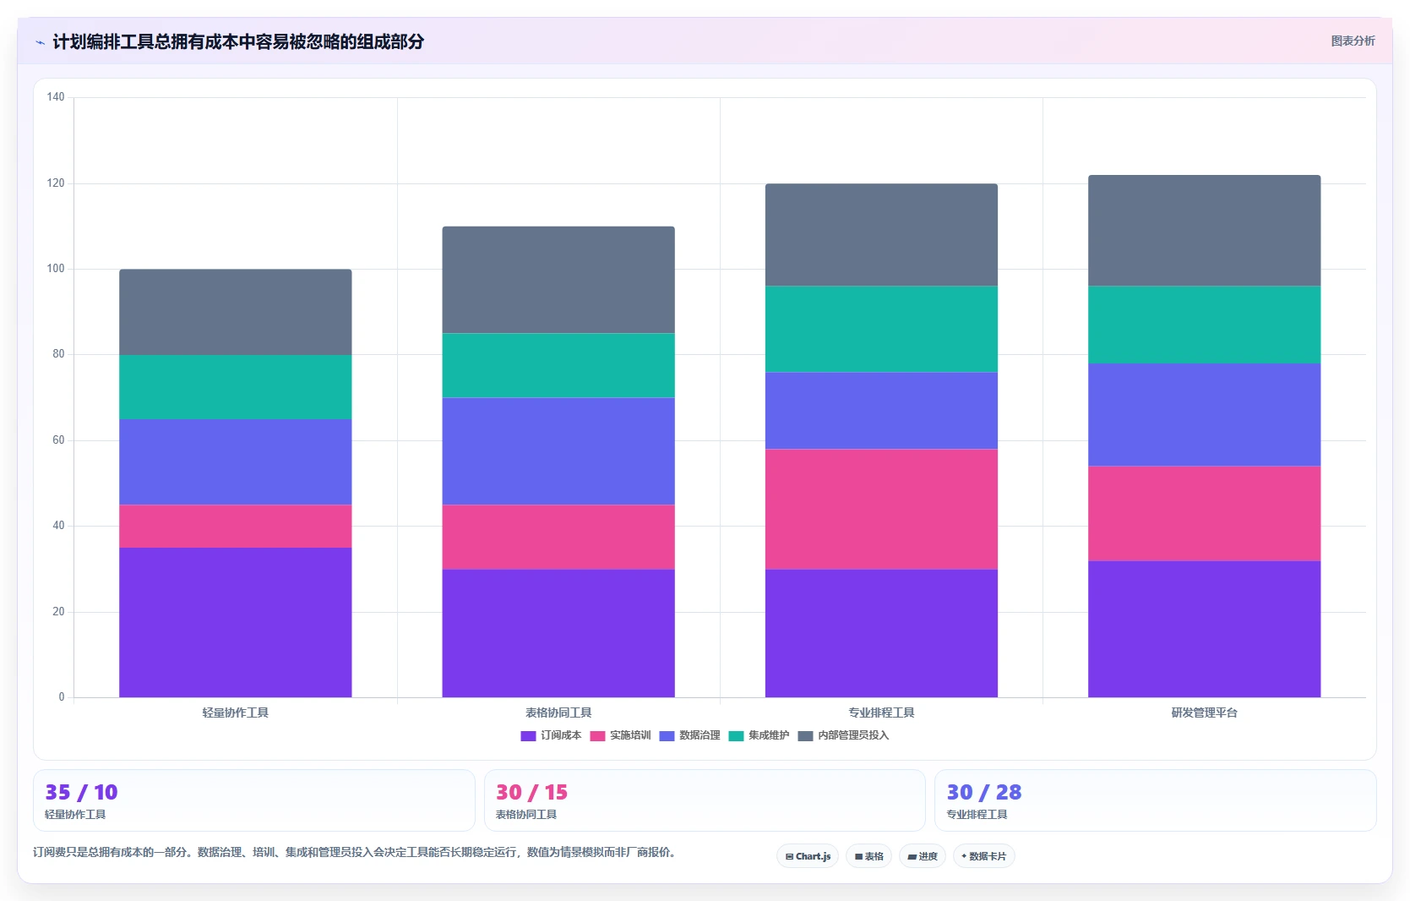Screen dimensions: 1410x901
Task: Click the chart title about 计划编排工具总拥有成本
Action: click(238, 41)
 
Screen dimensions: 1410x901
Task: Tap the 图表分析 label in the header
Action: click(1353, 41)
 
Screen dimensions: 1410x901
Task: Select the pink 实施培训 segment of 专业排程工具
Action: click(881, 510)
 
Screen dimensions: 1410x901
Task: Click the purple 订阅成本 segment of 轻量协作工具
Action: click(236, 623)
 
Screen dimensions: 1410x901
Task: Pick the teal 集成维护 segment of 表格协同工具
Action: click(558, 365)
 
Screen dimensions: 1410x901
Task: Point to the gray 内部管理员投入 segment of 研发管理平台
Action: click(1204, 231)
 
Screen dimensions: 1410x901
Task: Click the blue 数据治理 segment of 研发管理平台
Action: click(1204, 415)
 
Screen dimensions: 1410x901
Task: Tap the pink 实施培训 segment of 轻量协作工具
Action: click(236, 527)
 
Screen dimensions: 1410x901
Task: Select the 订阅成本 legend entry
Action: click(552, 735)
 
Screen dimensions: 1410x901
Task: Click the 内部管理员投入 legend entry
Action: click(843, 735)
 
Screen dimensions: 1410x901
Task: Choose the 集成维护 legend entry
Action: click(759, 735)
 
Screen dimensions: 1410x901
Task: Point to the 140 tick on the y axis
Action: click(56, 97)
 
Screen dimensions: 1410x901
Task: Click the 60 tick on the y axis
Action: click(58, 440)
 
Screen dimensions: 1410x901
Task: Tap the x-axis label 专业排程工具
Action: click(881, 713)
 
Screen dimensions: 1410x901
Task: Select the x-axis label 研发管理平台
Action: click(1204, 713)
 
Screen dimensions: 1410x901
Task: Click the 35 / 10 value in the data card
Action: click(81, 792)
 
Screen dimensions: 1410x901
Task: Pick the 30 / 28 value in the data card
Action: click(984, 792)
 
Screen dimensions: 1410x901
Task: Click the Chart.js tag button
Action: click(808, 856)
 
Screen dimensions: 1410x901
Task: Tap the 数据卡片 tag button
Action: click(984, 856)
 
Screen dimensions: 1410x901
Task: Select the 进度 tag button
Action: click(923, 856)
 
